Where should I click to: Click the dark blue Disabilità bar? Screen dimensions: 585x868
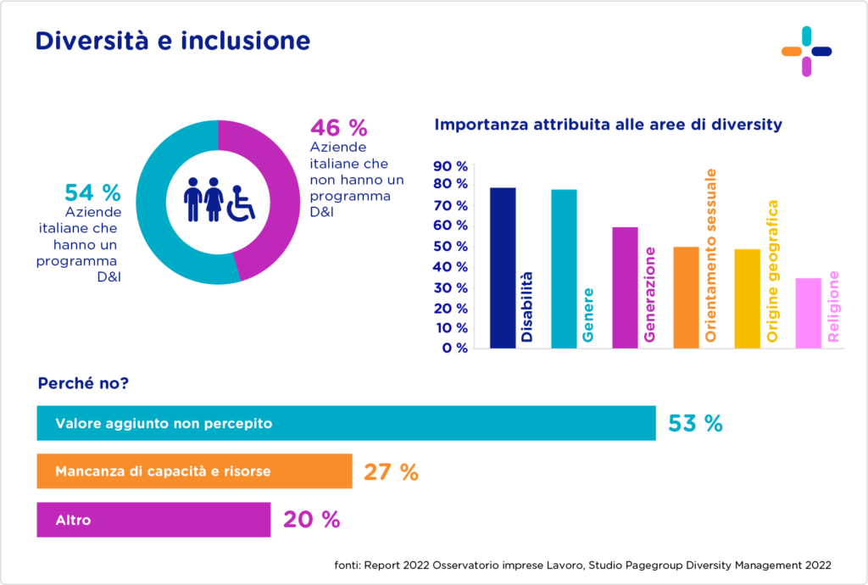pos(503,267)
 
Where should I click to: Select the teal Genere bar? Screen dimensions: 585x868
pos(564,268)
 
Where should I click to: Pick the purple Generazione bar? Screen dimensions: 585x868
pos(625,287)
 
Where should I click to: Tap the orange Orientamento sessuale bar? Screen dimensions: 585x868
pos(686,297)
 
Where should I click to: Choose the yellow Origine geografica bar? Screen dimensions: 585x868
pos(747,298)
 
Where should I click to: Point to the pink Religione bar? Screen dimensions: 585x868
pos(808,313)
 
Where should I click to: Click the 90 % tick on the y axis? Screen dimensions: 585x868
pos(449,166)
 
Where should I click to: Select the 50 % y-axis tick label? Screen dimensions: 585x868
pos(449,247)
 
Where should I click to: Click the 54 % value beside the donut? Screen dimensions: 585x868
pos(92,192)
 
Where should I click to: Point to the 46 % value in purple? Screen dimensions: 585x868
pos(339,128)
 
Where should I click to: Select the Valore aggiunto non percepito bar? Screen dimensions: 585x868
pos(346,423)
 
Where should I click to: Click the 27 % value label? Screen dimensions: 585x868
pos(391,472)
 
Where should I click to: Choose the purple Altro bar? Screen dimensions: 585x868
pos(153,521)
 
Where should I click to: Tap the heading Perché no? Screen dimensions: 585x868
pos(83,383)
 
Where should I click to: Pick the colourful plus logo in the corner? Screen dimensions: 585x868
pos(806,51)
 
